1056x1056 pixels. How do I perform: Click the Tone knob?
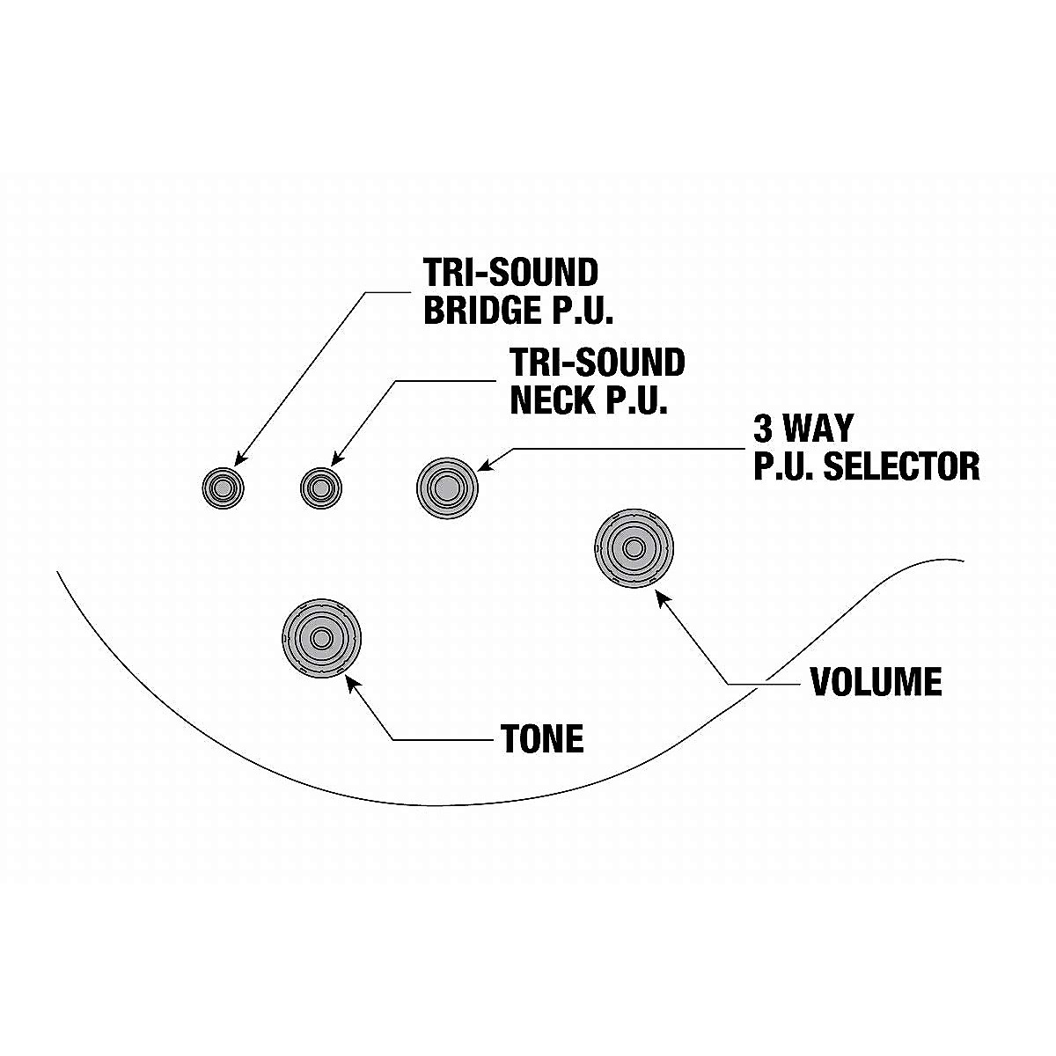click(x=321, y=638)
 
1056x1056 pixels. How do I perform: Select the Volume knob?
click(x=633, y=548)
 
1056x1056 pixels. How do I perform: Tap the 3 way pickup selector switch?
click(x=445, y=485)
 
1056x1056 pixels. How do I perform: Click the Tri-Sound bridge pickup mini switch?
click(x=224, y=486)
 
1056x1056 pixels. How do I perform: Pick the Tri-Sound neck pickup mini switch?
click(x=320, y=486)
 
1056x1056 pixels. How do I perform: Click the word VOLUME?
click(x=876, y=682)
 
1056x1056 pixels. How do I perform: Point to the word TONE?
click(x=542, y=739)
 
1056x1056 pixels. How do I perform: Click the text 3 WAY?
click(x=803, y=429)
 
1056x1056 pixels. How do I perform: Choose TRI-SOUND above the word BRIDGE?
click(x=510, y=273)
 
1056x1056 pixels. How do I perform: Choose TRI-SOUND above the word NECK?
click(x=597, y=363)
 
